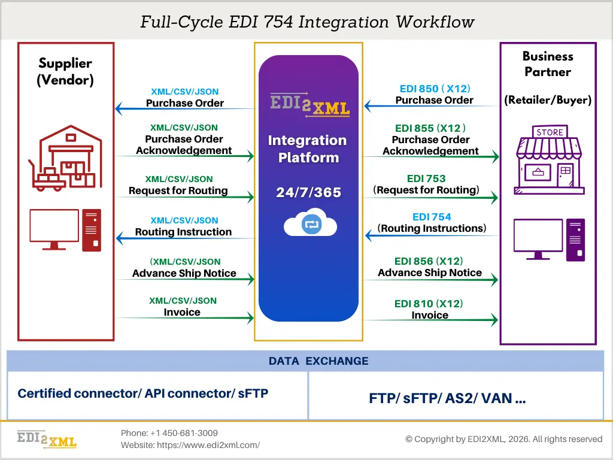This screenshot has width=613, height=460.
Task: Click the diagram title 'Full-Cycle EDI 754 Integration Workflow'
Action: tap(306, 22)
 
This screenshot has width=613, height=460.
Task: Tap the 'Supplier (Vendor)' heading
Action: tap(65, 71)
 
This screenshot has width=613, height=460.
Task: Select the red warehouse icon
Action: tap(65, 157)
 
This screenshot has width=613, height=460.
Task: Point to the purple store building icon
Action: tap(549, 160)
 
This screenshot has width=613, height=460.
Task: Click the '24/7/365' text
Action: tap(308, 193)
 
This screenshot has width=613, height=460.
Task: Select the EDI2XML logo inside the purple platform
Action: tap(309, 104)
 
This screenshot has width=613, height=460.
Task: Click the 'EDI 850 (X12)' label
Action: tap(434, 89)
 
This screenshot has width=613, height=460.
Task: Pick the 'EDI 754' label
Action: tap(432, 217)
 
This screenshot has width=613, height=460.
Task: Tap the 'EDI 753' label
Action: tap(426, 178)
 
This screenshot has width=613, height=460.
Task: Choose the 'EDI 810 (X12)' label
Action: tap(429, 304)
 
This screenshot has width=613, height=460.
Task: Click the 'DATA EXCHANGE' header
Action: tap(318, 361)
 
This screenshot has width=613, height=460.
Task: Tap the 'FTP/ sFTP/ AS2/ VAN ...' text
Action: tap(448, 399)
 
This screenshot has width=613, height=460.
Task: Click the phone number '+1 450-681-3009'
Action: tap(184, 433)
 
